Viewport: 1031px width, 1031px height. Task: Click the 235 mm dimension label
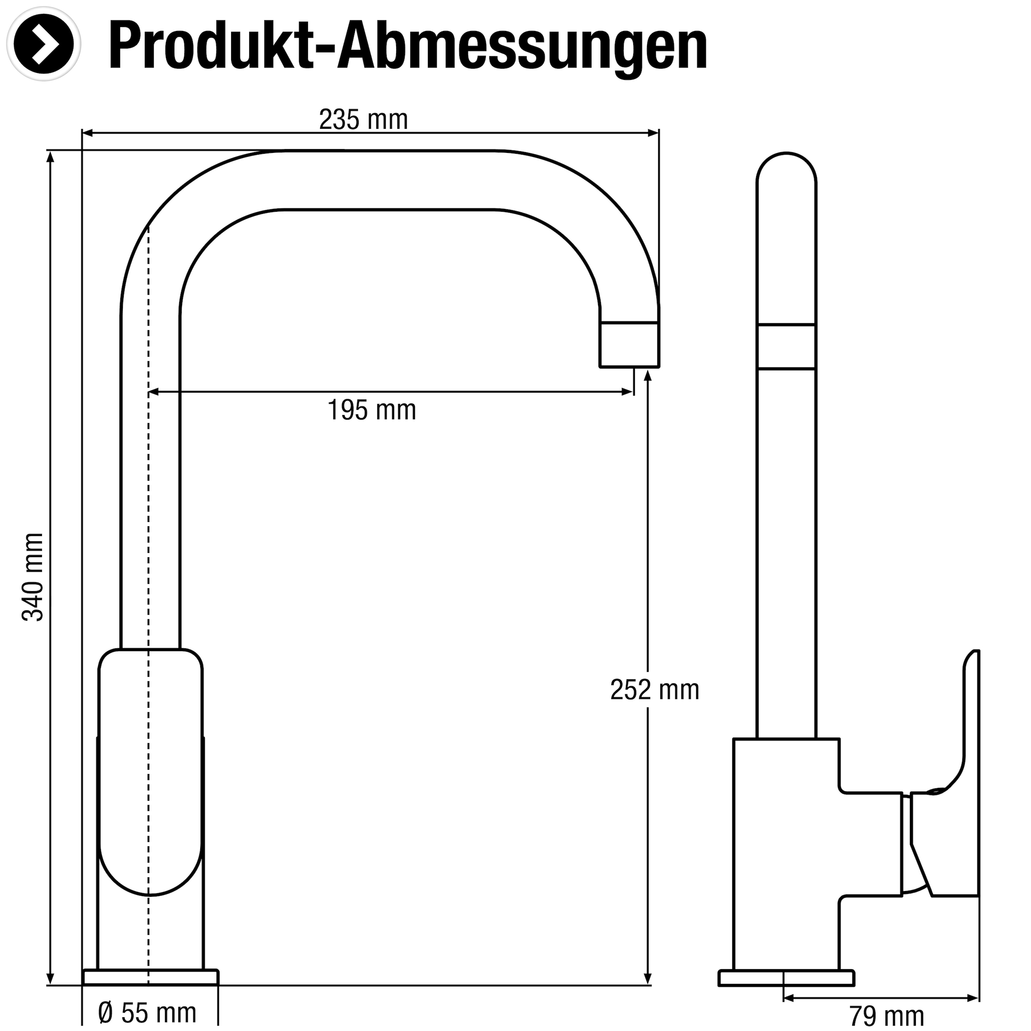[x=363, y=119]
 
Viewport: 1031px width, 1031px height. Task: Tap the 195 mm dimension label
[x=372, y=410]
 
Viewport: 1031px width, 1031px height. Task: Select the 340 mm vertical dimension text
[x=33, y=577]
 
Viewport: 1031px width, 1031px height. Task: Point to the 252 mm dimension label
[x=654, y=690]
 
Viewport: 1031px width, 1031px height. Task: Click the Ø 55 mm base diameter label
[x=148, y=1013]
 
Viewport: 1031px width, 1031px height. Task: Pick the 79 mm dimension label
[x=886, y=1016]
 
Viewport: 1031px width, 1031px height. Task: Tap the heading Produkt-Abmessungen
[x=408, y=47]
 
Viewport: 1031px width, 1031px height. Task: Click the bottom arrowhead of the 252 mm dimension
[x=648, y=979]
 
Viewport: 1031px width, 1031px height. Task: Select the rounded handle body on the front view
[x=150, y=769]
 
